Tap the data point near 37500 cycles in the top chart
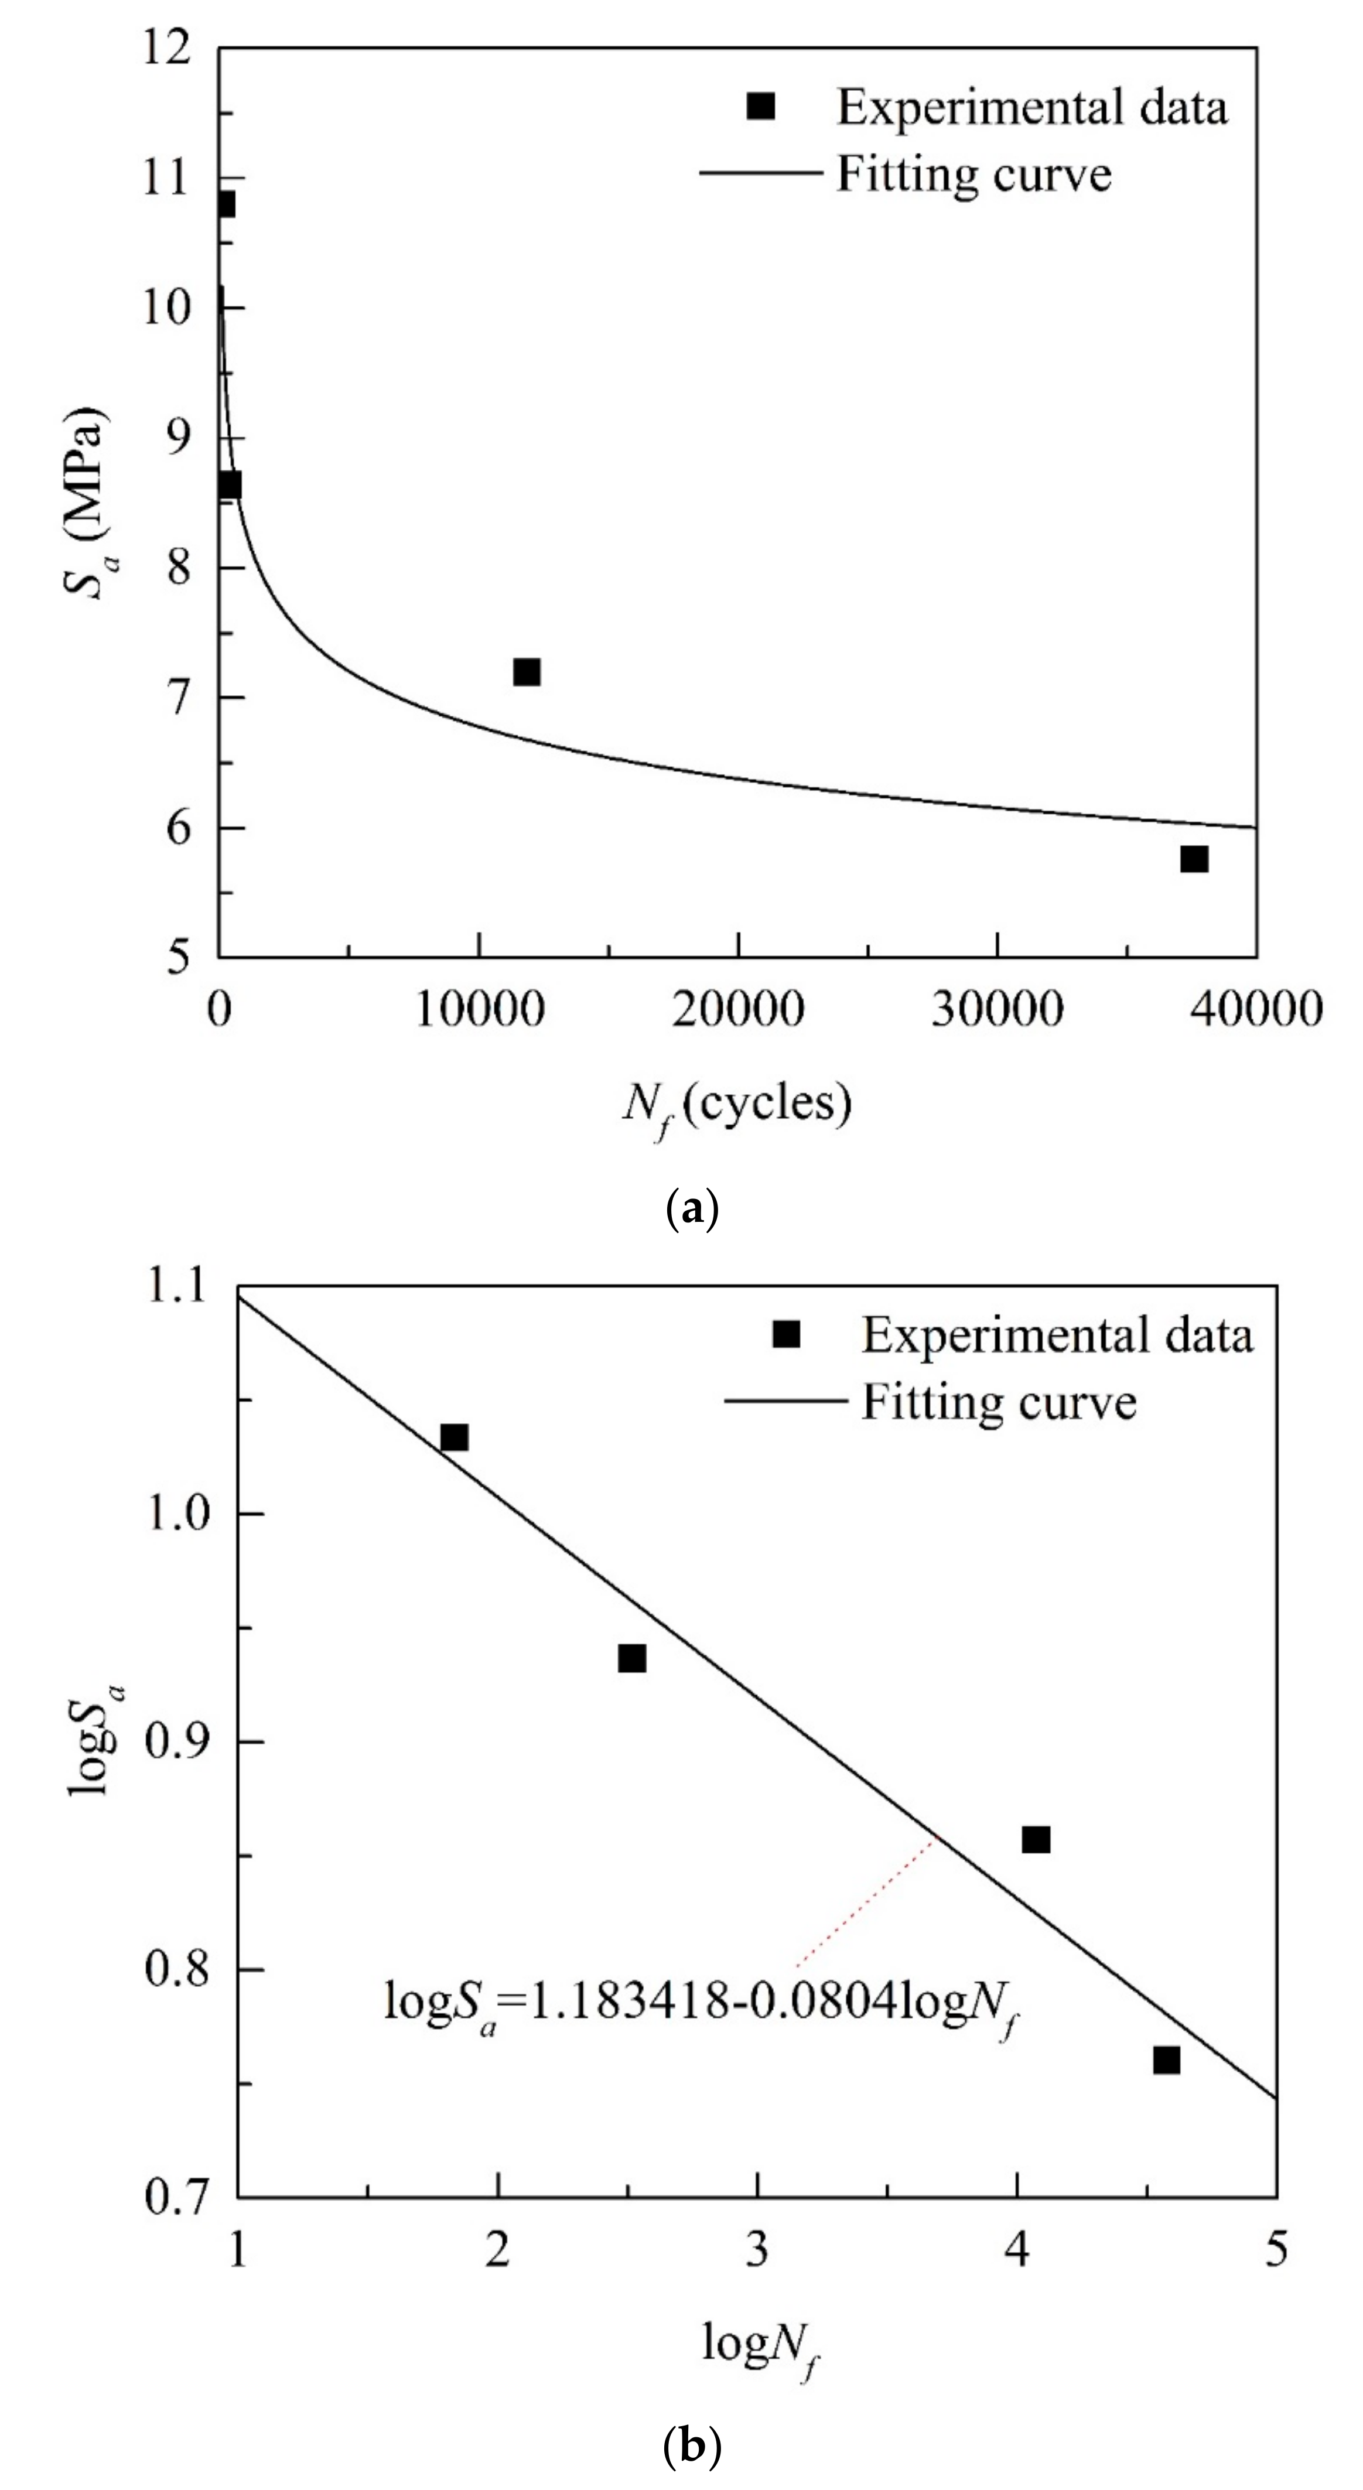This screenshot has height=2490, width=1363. coord(1194,858)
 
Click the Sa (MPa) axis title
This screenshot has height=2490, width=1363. coord(85,503)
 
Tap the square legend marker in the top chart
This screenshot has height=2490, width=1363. coord(761,107)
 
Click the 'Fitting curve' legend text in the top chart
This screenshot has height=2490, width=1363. coord(973,175)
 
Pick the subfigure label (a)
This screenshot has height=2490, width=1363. coord(692,1209)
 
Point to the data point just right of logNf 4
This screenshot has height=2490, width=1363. coord(1036,1839)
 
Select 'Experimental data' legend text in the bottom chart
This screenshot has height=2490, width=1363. coord(1057,1336)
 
